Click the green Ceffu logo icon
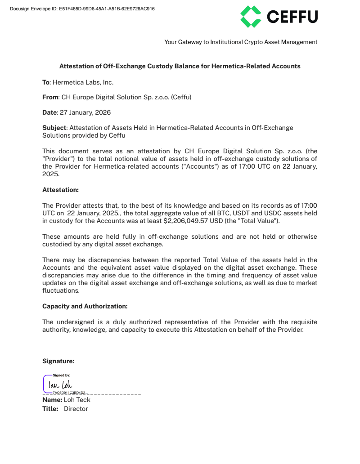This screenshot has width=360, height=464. (x=251, y=17)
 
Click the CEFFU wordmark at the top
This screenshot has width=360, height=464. (x=292, y=17)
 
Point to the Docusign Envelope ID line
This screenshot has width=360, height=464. (x=82, y=9)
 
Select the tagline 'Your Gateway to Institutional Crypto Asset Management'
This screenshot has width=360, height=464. (x=241, y=42)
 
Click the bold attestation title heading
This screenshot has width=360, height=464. (x=180, y=66)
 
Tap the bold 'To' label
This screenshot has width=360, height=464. (x=45, y=82)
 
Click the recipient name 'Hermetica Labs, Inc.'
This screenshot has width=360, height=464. (x=83, y=82)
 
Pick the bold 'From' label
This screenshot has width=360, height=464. (x=50, y=97)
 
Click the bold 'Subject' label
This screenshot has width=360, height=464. (x=54, y=128)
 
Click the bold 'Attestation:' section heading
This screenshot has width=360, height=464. (x=60, y=190)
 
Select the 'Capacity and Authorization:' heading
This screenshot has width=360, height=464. (x=85, y=306)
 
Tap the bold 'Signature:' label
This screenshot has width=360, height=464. (x=58, y=361)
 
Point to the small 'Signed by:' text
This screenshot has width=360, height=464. (x=61, y=375)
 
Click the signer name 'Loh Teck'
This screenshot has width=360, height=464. (x=77, y=400)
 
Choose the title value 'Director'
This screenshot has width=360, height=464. (x=76, y=409)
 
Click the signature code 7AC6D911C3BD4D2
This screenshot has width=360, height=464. (x=69, y=393)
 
